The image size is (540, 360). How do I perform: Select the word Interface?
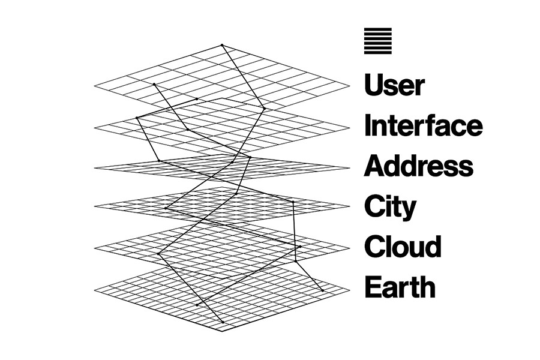coord(423,125)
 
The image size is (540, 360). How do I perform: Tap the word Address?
coord(418,166)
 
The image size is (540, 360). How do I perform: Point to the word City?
coord(389,207)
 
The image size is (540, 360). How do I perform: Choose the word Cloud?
coord(403,247)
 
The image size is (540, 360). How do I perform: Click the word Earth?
coord(400,287)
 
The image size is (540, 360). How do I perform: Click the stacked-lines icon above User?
coord(377,41)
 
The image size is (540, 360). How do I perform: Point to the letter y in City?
coord(409,210)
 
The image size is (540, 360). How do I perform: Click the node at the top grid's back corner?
coord(222,45)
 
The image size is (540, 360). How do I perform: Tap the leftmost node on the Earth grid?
coord(197,304)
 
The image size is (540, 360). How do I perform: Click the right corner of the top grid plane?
coord(349,86)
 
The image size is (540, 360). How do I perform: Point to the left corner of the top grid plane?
coord(95,88)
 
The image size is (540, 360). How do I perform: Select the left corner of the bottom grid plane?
coord(95,290)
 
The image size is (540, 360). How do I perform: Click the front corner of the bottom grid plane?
coord(223,331)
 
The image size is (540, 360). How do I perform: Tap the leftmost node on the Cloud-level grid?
coord(159,254)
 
